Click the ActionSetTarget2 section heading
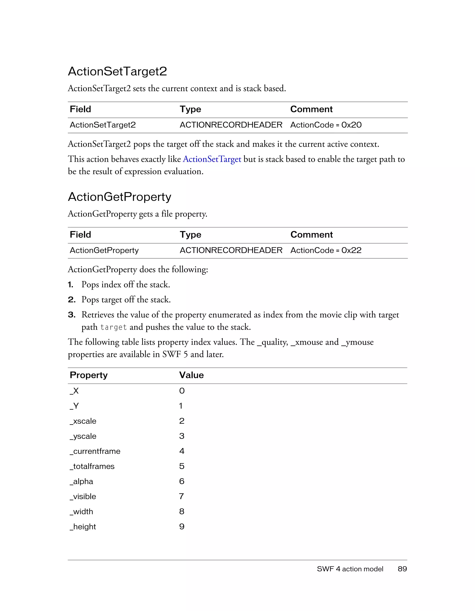117,71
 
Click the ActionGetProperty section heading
119,197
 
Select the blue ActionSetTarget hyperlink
212,159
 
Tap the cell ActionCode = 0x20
326,125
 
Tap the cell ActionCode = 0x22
326,250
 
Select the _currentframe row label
95,451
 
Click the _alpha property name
81,482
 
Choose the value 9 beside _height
182,527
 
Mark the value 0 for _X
182,391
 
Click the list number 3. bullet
72,315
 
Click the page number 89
402,569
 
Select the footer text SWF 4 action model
350,569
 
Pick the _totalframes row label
92,466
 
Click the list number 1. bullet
71,284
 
